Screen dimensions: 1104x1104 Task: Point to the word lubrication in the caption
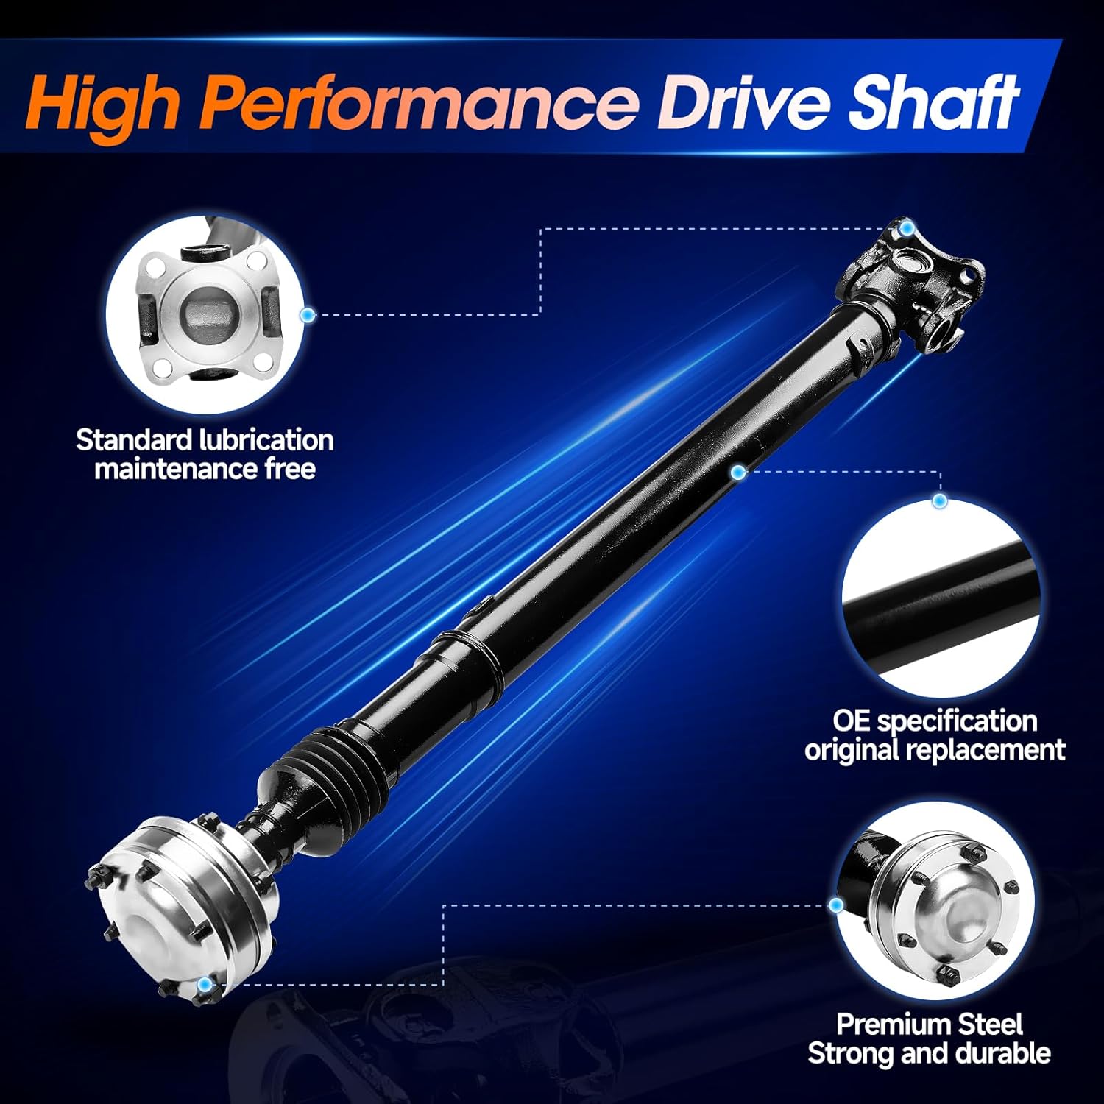point(266,440)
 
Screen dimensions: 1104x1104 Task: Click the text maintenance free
point(205,469)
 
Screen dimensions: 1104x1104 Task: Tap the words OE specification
point(935,721)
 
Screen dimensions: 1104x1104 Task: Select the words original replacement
point(935,750)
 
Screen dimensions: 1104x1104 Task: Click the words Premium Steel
point(929,1024)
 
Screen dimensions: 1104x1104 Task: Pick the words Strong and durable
point(929,1053)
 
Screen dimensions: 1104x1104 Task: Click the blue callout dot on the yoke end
point(907,228)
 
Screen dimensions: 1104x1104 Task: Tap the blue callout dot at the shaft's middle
point(737,473)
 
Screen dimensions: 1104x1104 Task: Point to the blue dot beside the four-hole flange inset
point(308,315)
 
